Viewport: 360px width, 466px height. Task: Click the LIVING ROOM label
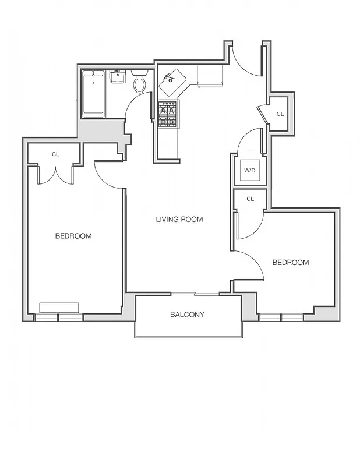tap(179, 220)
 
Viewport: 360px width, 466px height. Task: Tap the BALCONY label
tap(187, 315)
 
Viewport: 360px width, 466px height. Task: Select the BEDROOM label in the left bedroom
tap(73, 236)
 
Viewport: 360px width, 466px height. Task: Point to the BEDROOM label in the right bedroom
tap(291, 263)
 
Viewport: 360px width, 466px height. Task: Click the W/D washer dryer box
tap(250, 171)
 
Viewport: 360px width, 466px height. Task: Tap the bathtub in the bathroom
tap(93, 93)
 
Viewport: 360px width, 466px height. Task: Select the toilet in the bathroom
tap(139, 83)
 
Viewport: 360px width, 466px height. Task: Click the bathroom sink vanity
tap(118, 76)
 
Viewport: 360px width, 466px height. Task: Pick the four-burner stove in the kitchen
tap(168, 114)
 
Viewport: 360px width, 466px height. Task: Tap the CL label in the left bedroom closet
tap(55, 154)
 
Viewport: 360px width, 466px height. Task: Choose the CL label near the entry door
tap(280, 114)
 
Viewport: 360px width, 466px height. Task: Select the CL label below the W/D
tap(250, 199)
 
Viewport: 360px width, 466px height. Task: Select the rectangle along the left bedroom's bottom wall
tap(59, 307)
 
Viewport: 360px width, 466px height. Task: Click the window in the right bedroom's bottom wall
tap(281, 317)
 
